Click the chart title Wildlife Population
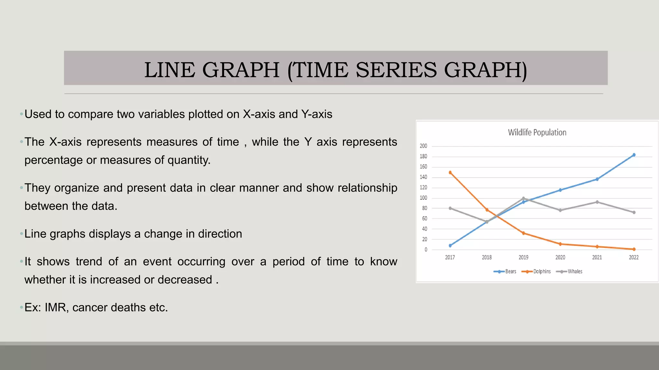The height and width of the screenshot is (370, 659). point(537,132)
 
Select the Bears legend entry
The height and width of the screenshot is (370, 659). point(510,271)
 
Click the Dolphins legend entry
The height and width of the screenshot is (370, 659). point(542,271)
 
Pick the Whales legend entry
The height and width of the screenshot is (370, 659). point(575,271)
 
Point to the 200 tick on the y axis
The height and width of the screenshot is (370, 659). point(423,146)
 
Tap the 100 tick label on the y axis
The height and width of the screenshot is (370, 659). point(423,198)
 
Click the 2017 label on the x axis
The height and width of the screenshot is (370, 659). point(450,257)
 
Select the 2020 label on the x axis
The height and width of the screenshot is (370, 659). point(560,257)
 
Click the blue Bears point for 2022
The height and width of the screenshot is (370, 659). point(634,155)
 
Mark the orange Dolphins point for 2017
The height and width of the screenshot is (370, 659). point(450,172)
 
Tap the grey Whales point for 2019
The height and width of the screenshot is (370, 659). point(524,198)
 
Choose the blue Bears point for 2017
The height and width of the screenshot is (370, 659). point(450,246)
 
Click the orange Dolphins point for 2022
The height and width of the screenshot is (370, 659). point(634,249)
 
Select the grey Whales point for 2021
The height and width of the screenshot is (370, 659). point(597,202)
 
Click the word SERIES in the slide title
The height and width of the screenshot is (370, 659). point(396,70)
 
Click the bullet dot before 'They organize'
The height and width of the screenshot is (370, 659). point(21,188)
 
